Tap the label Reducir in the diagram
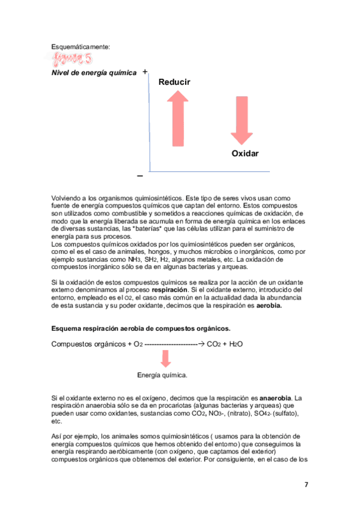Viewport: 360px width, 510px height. pyautogui.click(x=174, y=82)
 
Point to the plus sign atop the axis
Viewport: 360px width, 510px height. pyautogui.click(x=145, y=72)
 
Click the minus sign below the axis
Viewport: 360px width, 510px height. pyautogui.click(x=139, y=176)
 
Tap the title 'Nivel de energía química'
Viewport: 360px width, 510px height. pyautogui.click(x=93, y=73)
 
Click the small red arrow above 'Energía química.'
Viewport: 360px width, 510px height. pyautogui.click(x=166, y=358)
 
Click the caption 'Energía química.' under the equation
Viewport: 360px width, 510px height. pyautogui.click(x=162, y=375)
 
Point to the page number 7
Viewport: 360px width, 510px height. pyautogui.click(x=306, y=485)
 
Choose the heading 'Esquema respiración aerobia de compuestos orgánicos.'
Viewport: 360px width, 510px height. pyautogui.click(x=141, y=329)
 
